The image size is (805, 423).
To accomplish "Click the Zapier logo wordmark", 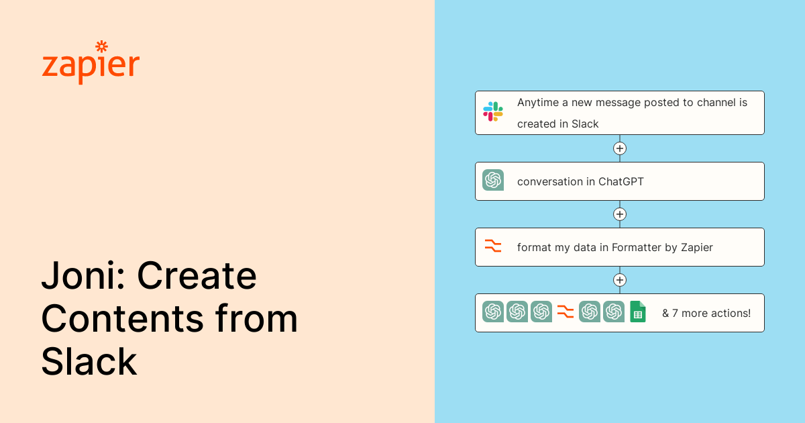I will pos(91,66).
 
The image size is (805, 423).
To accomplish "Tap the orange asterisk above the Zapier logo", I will pos(102,47).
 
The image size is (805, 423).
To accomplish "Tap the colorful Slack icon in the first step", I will pos(493,111).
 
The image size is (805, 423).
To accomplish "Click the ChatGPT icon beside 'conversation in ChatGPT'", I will pos(493,180).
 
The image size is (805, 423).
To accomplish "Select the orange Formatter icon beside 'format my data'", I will pos(493,246).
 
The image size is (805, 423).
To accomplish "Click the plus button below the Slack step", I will pos(620,148).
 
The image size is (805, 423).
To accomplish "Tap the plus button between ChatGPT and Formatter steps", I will pos(620,214).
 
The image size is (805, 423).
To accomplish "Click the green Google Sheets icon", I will pos(638,312).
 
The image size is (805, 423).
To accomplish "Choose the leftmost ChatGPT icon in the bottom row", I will pos(493,312).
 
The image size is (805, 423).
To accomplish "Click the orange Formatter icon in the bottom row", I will pos(566,312).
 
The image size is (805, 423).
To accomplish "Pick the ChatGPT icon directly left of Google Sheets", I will pos(614,312).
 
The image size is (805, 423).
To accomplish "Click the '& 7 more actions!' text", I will pos(706,313).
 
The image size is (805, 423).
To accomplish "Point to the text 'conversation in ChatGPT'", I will pos(580,181).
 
